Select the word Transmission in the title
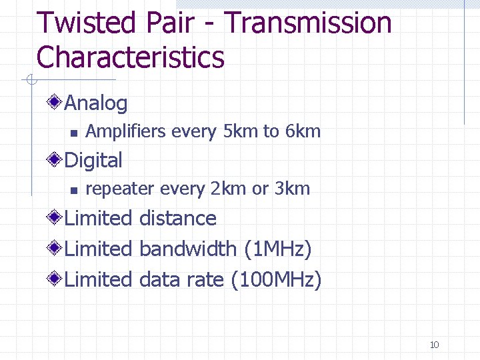click(307, 24)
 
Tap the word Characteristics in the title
click(131, 57)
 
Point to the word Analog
click(96, 103)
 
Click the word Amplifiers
click(126, 131)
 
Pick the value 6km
click(303, 131)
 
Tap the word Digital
click(93, 161)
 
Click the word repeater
click(117, 189)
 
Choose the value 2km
click(227, 189)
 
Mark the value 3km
click(292, 189)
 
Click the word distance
click(178, 219)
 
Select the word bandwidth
click(188, 249)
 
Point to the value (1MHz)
click(278, 249)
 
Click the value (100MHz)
click(276, 280)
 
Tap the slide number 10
click(434, 345)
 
